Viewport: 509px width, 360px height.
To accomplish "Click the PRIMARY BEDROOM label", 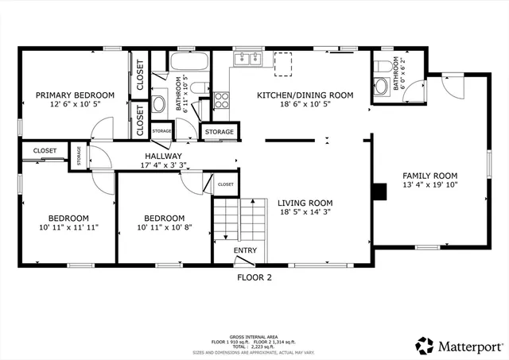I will click(75, 95).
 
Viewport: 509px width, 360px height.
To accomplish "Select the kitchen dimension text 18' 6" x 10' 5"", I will click(305, 105).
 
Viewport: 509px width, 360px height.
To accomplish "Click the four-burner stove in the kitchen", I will click(222, 101).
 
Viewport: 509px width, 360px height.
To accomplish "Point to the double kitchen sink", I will click(247, 59).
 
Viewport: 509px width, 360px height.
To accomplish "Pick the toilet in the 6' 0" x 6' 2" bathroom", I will click(383, 65).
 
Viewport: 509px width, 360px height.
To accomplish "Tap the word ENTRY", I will click(245, 251).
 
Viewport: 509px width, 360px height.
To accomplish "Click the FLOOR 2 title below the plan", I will click(254, 278).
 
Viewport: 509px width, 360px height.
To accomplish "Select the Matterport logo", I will click(459, 345).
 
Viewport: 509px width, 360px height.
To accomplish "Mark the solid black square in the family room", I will click(380, 192).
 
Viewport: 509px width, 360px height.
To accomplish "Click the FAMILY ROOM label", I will click(429, 176).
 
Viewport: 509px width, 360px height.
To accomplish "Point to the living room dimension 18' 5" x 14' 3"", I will click(305, 212).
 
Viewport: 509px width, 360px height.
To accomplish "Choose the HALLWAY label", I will click(163, 156).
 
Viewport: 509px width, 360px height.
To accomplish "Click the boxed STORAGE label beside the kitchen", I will click(219, 131).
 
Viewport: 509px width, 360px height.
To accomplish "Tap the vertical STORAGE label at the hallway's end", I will click(79, 156).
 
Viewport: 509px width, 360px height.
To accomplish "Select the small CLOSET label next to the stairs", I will click(226, 184).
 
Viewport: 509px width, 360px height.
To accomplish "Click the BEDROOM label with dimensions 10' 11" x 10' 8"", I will click(164, 218).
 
